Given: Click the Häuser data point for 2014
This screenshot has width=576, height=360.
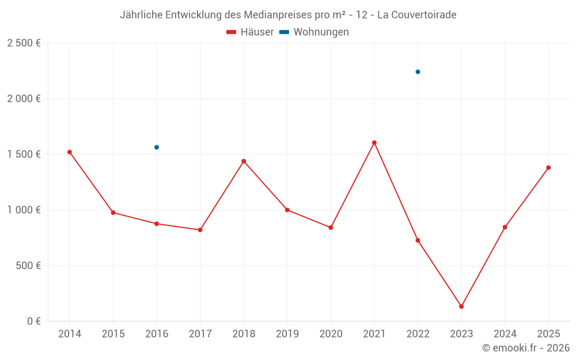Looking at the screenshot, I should [x=69, y=152].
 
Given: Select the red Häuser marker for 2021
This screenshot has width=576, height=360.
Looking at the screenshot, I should [x=374, y=143].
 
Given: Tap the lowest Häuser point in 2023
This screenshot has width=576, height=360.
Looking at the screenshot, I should [x=461, y=306].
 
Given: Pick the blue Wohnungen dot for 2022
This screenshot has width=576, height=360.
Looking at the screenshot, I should [x=418, y=72].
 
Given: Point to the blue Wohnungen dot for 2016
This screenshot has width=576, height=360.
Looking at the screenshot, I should [x=157, y=147].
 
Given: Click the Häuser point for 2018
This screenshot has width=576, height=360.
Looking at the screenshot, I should [x=244, y=161].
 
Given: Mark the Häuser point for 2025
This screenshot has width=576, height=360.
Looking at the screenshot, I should [x=548, y=168].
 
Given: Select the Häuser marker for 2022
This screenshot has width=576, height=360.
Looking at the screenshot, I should [x=418, y=240].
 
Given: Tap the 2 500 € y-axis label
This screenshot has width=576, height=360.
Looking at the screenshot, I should [x=24, y=43].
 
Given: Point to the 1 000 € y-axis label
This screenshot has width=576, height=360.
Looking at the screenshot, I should [x=24, y=210].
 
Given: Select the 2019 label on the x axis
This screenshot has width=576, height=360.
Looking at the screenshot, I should [x=287, y=334].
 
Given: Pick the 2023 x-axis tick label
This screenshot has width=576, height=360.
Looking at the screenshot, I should [x=461, y=334].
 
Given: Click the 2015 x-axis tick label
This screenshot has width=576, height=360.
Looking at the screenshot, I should [x=113, y=334].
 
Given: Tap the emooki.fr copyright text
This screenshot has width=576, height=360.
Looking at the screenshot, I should [x=525, y=348].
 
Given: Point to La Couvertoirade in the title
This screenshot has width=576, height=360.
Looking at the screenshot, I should [x=416, y=15].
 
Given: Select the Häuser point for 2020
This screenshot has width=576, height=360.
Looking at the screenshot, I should [x=331, y=228].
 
